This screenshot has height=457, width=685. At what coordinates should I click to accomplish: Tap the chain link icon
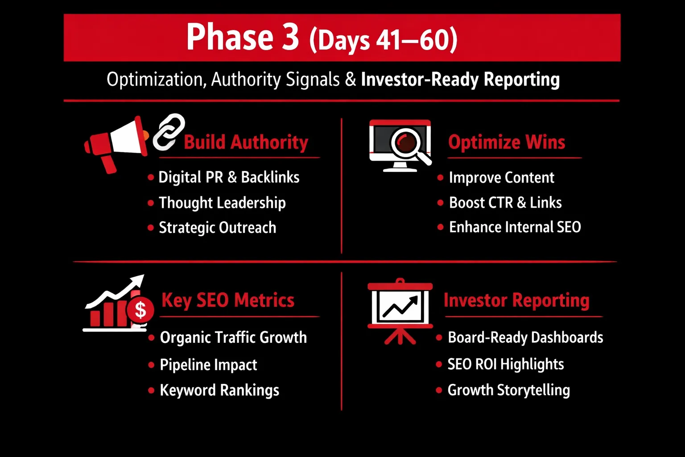169,132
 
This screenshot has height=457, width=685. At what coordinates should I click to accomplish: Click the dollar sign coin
140,310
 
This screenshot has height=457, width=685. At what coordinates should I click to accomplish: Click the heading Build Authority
246,142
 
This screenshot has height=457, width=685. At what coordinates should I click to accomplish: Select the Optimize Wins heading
507,142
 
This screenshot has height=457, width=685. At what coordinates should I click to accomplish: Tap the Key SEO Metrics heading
228,300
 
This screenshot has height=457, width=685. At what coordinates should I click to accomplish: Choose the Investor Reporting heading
516,300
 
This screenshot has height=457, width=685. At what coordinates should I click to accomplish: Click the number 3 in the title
290,37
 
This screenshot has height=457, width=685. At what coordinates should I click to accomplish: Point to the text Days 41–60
384,41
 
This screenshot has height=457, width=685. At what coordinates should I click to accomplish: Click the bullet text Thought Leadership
223,203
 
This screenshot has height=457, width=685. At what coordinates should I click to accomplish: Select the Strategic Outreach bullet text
218,228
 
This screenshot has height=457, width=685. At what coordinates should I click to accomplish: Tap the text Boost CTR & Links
505,203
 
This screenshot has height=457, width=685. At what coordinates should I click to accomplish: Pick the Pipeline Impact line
208,365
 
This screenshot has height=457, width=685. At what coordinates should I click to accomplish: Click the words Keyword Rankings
219,390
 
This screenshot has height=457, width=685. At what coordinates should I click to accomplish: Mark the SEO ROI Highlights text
506,364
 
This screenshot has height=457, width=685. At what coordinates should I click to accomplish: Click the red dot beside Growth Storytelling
439,390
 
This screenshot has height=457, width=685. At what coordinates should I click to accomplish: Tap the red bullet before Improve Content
440,178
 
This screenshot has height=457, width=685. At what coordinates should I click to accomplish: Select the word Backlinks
270,177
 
